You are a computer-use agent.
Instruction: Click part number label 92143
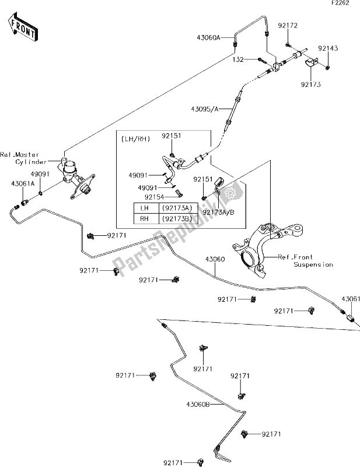point(328,48)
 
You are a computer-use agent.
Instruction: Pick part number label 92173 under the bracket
point(310,85)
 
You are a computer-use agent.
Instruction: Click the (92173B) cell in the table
point(178,219)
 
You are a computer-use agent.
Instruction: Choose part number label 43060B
point(198,404)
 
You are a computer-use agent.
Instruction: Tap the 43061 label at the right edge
point(351,299)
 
